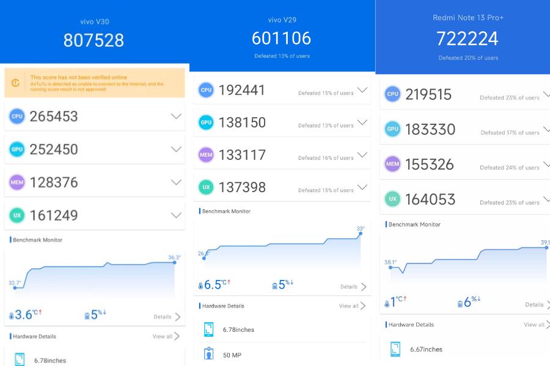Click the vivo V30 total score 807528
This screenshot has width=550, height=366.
click(x=94, y=40)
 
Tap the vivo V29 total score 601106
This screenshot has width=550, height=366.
click(x=281, y=38)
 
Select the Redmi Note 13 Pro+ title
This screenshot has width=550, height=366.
click(x=468, y=18)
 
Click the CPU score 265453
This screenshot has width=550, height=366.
click(x=54, y=117)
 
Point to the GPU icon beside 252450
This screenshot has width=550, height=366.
click(x=17, y=149)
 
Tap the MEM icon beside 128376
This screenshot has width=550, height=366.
click(x=17, y=182)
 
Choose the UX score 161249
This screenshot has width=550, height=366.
click(x=54, y=215)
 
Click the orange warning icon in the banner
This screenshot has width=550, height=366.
click(x=15, y=83)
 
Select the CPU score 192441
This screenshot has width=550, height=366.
click(x=242, y=90)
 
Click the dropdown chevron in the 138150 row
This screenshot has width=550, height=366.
click(x=362, y=123)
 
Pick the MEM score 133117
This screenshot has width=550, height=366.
click(x=242, y=155)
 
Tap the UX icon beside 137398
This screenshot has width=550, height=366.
click(x=206, y=187)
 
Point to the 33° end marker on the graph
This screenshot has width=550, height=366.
click(x=361, y=232)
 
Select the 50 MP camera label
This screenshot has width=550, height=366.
click(x=232, y=355)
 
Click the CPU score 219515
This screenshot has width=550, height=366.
click(x=428, y=95)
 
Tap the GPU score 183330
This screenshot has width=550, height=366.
click(x=430, y=129)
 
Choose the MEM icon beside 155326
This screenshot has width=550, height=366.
click(x=392, y=164)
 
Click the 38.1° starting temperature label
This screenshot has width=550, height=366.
click(x=391, y=262)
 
